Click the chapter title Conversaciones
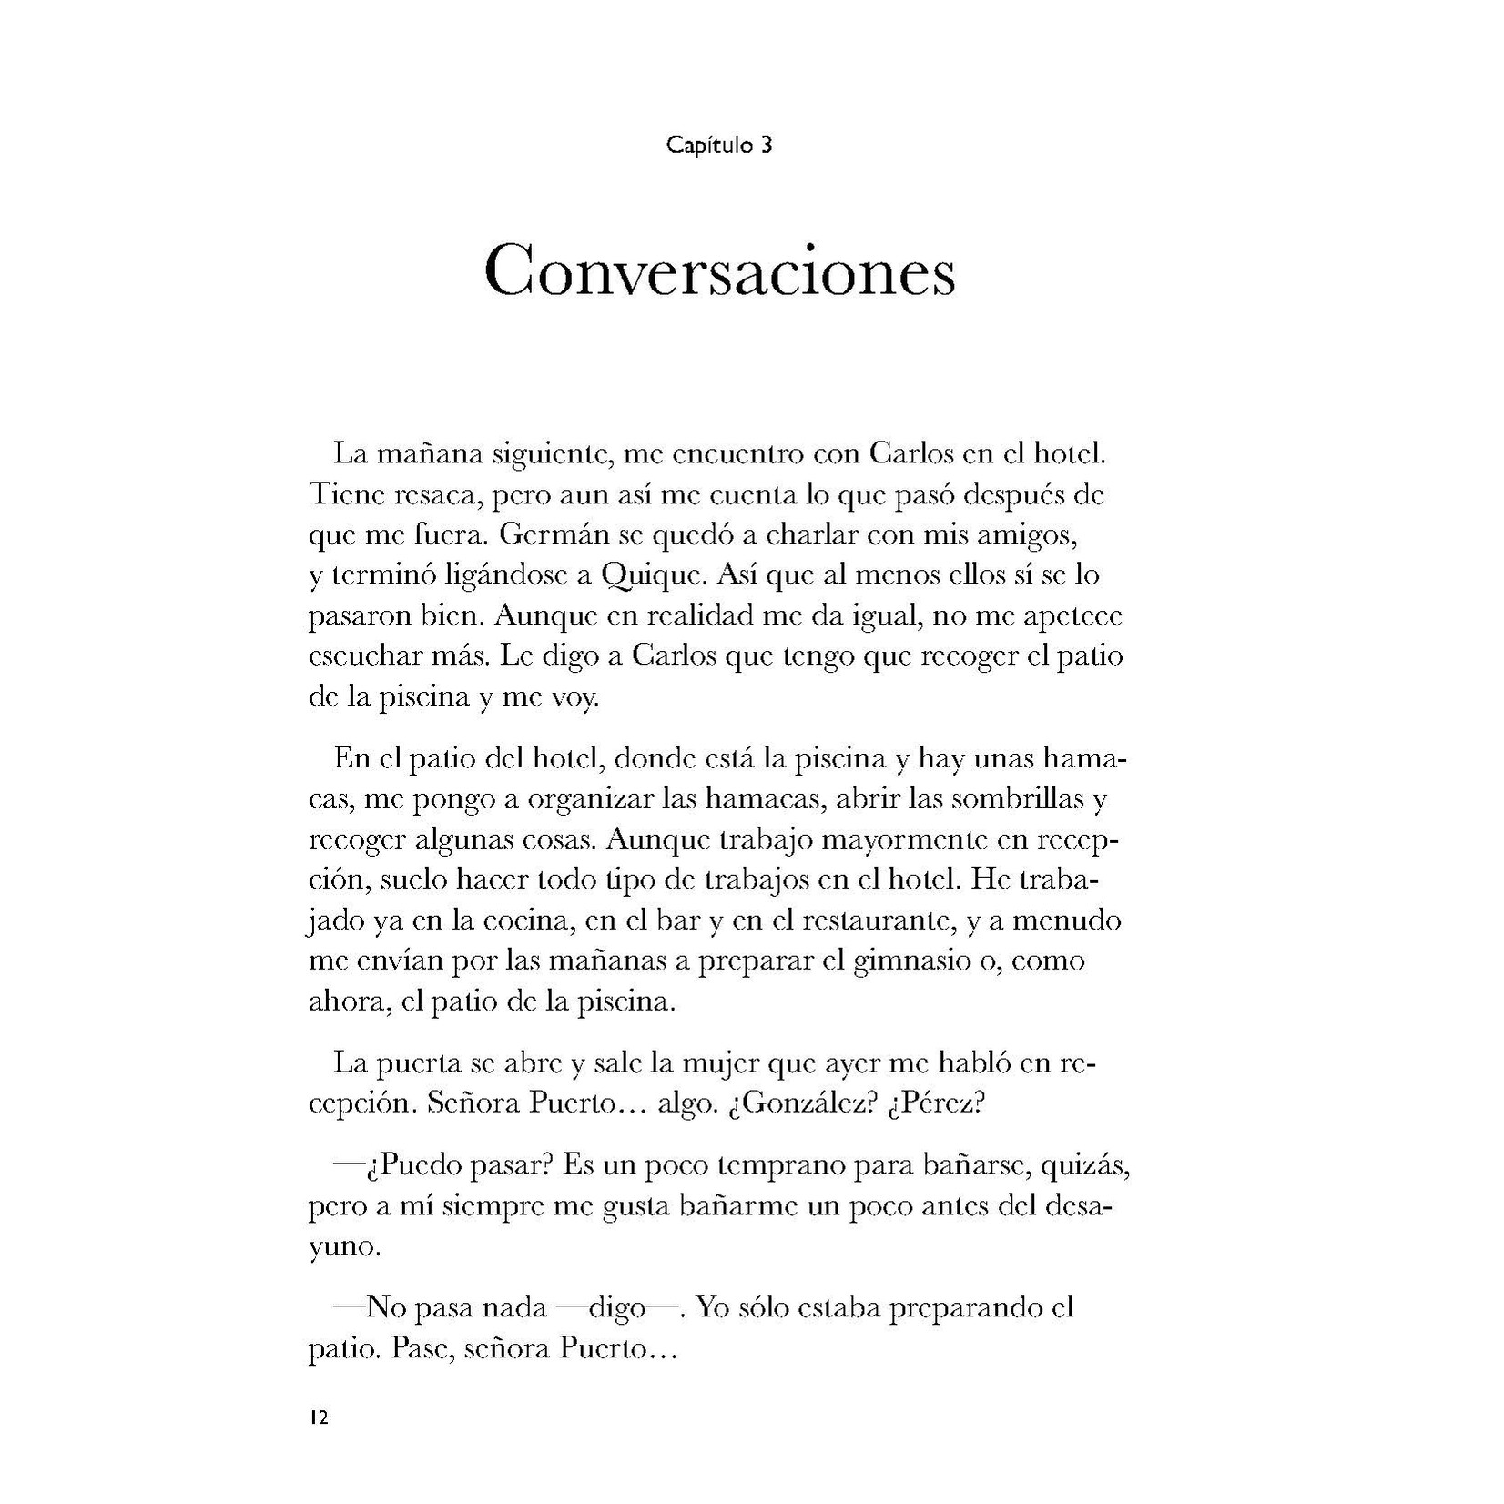[719, 270]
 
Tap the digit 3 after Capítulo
[766, 146]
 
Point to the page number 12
[319, 1418]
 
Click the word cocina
[517, 920]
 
